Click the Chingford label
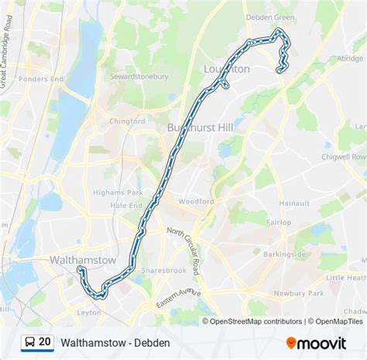(x=127, y=121)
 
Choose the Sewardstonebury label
(x=139, y=77)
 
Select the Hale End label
(x=126, y=206)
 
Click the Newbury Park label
(x=303, y=293)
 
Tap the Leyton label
(x=89, y=313)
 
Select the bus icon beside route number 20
(x=29, y=341)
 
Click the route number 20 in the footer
(x=45, y=341)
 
